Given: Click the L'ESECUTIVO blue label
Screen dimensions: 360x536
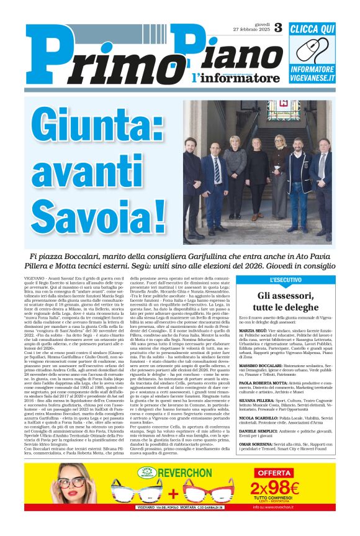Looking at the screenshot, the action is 269,280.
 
